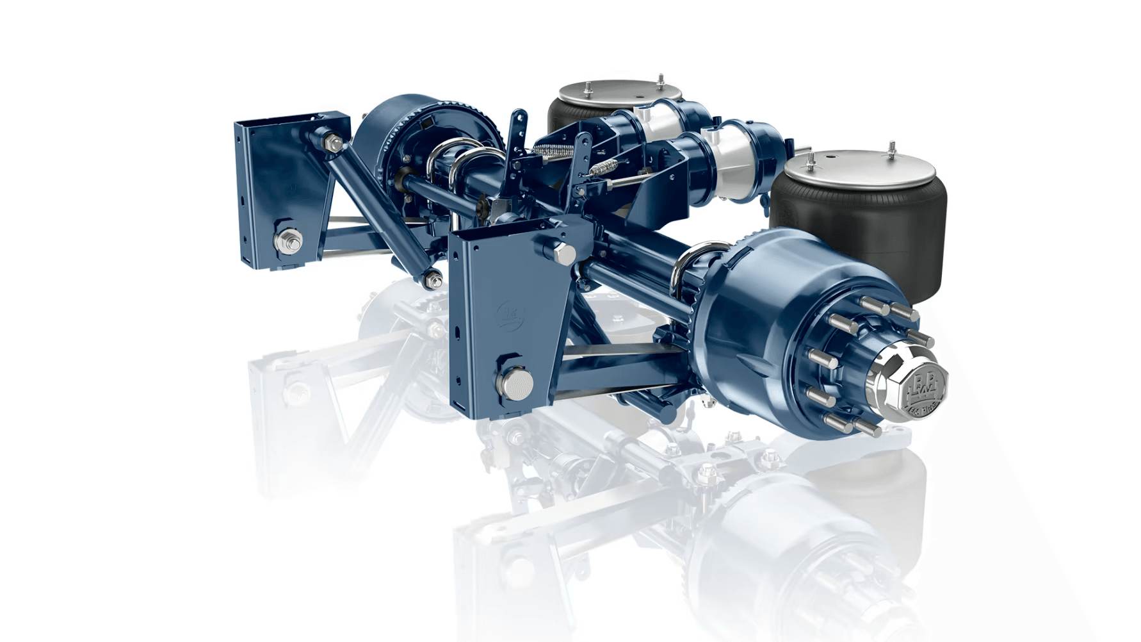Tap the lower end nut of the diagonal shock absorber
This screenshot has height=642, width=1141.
(433, 280)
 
